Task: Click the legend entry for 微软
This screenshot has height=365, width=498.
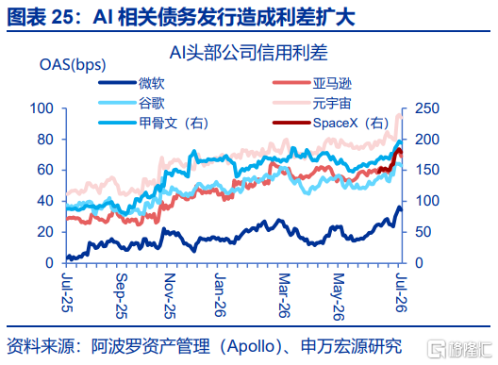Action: [x=131, y=83]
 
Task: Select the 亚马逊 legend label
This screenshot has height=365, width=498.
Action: [x=312, y=83]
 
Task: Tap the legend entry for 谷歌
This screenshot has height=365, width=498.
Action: [x=131, y=103]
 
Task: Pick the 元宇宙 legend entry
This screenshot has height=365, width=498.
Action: [x=312, y=103]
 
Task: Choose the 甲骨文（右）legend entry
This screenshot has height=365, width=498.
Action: [x=154, y=123]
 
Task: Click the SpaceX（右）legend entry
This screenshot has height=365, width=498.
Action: [x=331, y=123]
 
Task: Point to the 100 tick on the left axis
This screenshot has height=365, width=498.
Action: [x=41, y=108]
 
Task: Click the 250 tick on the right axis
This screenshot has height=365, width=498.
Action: [x=427, y=108]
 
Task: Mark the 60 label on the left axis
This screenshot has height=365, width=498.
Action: [x=45, y=170]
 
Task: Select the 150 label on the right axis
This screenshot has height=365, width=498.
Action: [x=427, y=170]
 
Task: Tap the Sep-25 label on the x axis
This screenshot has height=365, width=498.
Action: [x=122, y=296]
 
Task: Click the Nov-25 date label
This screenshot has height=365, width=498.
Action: [x=170, y=296]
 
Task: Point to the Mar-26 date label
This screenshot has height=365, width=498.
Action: [x=284, y=295]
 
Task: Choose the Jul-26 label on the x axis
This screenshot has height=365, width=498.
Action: [x=401, y=292]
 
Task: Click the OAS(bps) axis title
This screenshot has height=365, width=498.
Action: [x=73, y=65]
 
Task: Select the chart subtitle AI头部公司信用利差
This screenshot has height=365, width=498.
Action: [x=248, y=53]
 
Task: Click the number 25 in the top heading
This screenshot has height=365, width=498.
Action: [x=62, y=17]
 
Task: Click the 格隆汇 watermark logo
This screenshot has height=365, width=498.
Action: [x=460, y=349]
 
